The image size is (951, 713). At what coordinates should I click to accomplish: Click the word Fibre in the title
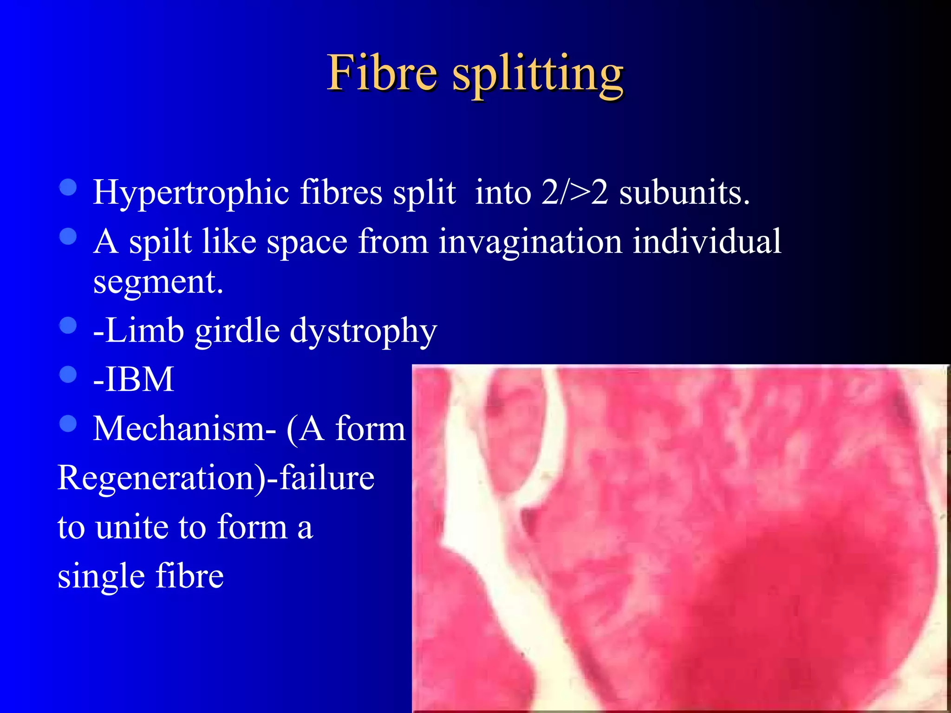(x=382, y=73)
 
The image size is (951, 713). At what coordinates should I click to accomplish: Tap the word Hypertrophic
(x=191, y=192)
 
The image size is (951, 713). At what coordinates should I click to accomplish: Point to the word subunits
(x=684, y=192)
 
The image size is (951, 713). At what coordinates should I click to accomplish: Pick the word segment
(x=158, y=282)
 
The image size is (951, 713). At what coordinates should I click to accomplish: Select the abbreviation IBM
(x=139, y=379)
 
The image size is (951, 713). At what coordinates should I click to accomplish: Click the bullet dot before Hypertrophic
(x=68, y=187)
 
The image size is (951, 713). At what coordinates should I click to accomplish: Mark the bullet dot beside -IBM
(x=68, y=374)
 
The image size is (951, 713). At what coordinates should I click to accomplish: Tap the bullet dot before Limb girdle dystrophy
(x=68, y=325)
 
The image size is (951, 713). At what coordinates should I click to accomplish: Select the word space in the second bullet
(x=307, y=242)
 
